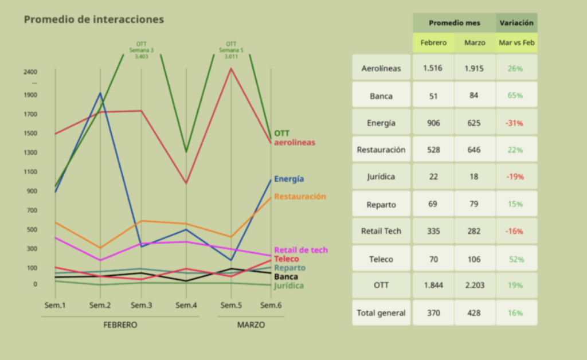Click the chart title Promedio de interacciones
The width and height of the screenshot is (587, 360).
(93, 19)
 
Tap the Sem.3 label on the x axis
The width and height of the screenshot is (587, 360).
(141, 306)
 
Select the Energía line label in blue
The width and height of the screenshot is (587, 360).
(289, 179)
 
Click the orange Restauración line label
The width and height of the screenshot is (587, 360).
(300, 197)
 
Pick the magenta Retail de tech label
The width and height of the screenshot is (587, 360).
(301, 250)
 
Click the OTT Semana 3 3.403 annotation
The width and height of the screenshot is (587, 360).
(142, 50)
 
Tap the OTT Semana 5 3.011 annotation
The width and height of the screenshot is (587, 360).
(231, 50)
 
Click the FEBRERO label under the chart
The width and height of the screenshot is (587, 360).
(120, 325)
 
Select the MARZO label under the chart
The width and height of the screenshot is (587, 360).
(251, 325)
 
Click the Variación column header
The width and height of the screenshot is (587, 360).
(516, 24)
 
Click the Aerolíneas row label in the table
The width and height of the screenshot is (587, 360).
(381, 68)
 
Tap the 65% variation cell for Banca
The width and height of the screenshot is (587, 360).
(515, 95)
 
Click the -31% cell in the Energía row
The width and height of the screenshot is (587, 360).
(515, 123)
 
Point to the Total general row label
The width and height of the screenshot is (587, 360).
(381, 313)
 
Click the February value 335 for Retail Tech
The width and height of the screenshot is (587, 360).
(433, 231)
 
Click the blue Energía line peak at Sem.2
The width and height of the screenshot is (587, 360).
(100, 93)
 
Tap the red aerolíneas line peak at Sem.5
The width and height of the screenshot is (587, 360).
(231, 69)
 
